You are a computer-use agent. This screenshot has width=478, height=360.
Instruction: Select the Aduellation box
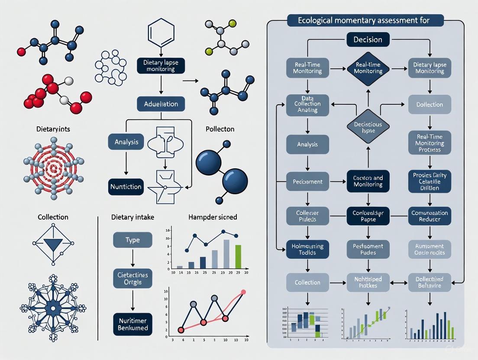pos(161,104)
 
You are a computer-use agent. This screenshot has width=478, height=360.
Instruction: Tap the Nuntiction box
pos(125,187)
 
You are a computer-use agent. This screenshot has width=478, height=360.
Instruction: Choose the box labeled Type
pos(132,240)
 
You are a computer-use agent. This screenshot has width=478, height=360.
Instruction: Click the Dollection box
pos(430,105)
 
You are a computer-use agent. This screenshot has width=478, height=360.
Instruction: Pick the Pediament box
pos(307,182)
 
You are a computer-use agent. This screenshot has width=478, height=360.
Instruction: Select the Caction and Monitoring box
pos(368,181)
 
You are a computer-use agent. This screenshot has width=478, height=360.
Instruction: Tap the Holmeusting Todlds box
pos(307,249)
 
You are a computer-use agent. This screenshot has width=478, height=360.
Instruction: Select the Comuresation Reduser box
pos(430,216)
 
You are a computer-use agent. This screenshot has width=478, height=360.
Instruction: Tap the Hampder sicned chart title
pos(213,217)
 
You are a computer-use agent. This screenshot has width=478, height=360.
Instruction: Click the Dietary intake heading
pos(132,217)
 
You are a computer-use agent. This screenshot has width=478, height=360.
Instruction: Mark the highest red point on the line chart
pos(243,292)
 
